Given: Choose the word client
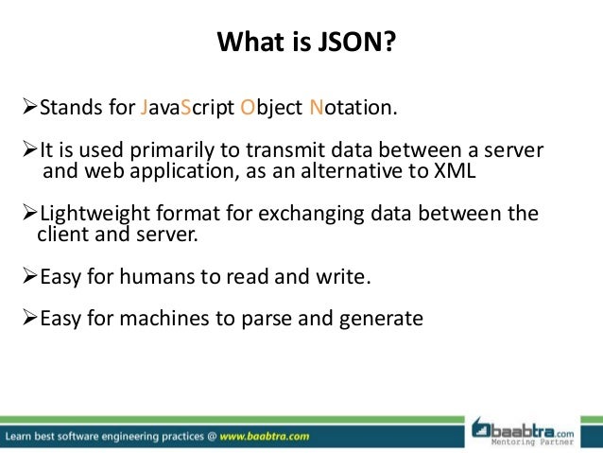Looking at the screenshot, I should click(61, 235).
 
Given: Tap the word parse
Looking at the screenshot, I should click(276, 319).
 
